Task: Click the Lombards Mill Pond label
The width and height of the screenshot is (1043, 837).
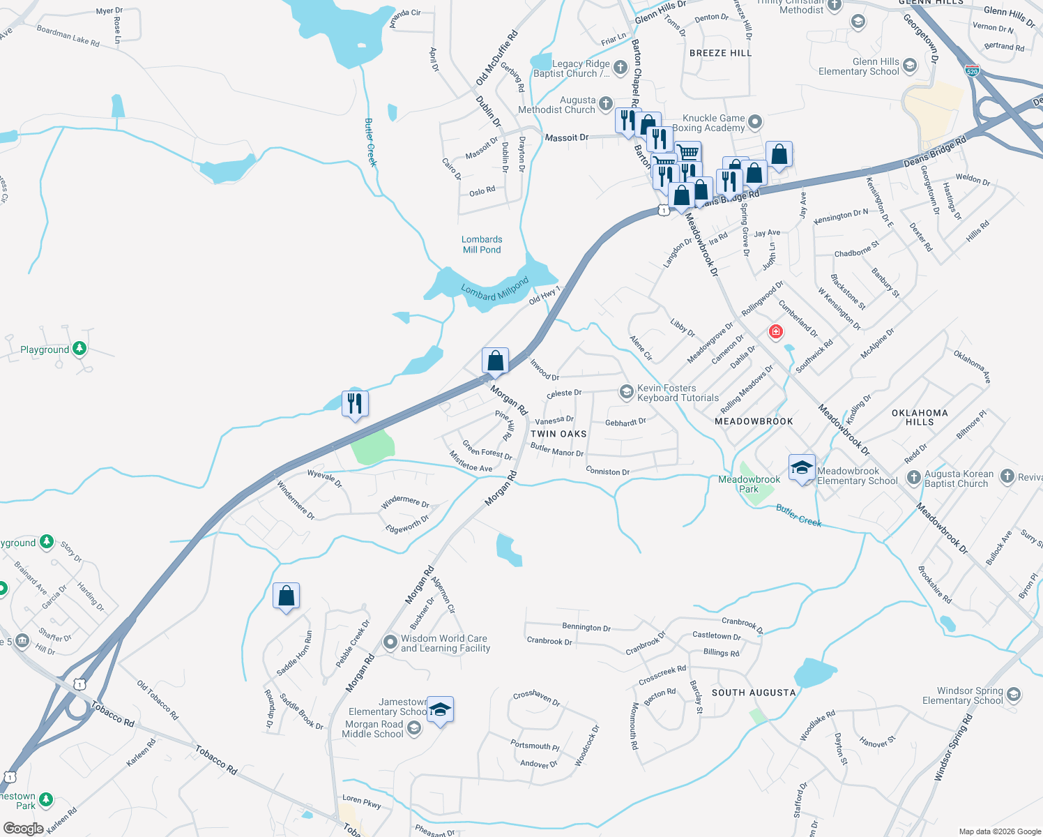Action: coord(482,245)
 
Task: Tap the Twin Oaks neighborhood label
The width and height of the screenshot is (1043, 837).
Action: coord(558,434)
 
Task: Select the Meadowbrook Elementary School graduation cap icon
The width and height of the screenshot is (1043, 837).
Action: coord(802,468)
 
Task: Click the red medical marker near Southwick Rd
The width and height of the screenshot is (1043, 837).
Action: coord(775,332)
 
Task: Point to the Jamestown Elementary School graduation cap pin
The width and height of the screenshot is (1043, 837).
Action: coord(440,710)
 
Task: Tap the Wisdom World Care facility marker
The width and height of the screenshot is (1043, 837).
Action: coord(390,642)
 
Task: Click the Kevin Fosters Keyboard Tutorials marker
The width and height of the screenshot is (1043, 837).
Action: coord(626,392)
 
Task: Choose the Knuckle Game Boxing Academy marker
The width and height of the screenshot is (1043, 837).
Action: coord(754,123)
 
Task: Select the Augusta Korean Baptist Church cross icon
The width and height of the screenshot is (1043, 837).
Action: coord(913,478)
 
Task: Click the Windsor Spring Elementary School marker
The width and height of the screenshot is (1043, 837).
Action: coord(1014,695)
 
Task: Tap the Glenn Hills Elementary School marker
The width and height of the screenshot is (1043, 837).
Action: coord(909,66)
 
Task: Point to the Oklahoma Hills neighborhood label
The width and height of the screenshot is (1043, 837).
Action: coord(920,417)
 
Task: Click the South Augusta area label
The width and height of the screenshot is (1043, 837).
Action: coord(753,693)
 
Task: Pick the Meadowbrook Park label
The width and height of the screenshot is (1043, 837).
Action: coord(749,484)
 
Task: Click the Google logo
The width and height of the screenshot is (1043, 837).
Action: coord(23,828)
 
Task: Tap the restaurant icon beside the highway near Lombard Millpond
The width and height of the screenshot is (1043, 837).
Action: coord(355,403)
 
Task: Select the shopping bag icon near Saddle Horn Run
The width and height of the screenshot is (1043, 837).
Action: coord(286,596)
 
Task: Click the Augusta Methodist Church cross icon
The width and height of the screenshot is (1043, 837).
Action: coord(605,103)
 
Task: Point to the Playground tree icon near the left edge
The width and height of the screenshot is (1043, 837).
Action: coord(79,348)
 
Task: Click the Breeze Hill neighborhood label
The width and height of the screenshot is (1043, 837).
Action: coord(720,53)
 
